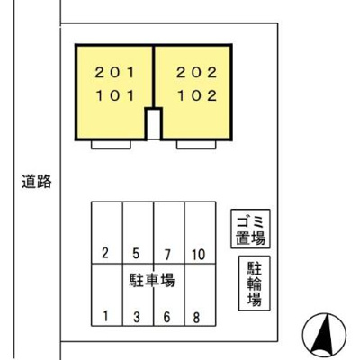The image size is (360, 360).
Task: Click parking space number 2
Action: pos(105,252)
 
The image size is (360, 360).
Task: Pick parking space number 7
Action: pos(167,252)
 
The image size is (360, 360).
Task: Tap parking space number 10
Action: pos(198,252)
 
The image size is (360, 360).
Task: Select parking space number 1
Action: pos(105,315)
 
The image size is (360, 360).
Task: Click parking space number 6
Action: pos(167,315)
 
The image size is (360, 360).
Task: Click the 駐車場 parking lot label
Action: pos(152,281)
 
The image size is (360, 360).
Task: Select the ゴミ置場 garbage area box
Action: pos(247,229)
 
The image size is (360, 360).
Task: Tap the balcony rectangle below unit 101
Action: pos(113,144)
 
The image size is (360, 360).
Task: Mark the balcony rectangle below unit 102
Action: pos(197,144)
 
